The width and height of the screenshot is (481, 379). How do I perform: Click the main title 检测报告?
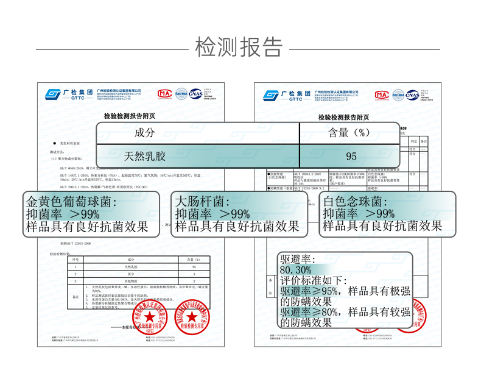[x=239, y=46]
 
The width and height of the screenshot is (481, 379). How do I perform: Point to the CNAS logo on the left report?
[x=195, y=94]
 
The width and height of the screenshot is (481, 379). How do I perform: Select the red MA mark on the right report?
[x=381, y=94]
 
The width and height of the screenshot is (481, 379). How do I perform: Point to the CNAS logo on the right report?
[x=412, y=94]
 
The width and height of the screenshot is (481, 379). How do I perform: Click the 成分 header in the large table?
[x=144, y=133]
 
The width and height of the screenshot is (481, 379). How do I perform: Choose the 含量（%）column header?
[x=349, y=133]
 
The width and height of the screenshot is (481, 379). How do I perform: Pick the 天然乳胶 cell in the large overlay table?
[x=144, y=156]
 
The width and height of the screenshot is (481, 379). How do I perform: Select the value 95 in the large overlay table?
[x=351, y=156]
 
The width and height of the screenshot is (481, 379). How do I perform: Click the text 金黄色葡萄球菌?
[x=71, y=201]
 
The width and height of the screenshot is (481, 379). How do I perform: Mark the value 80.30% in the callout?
[x=296, y=269]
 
